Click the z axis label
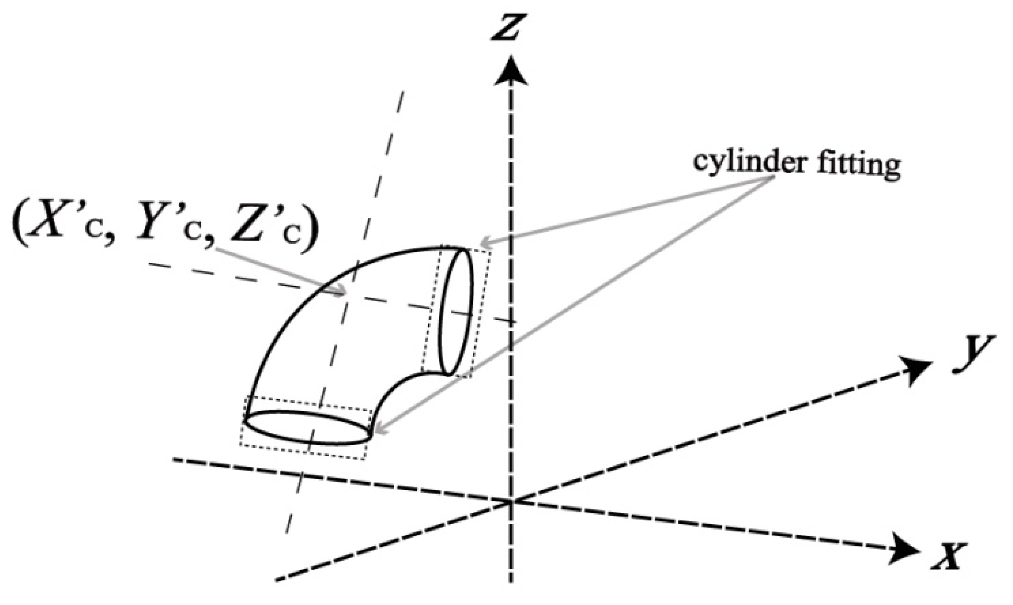(507, 28)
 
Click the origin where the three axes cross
(511, 501)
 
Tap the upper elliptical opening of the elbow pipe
(456, 311)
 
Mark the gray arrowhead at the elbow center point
(342, 293)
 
